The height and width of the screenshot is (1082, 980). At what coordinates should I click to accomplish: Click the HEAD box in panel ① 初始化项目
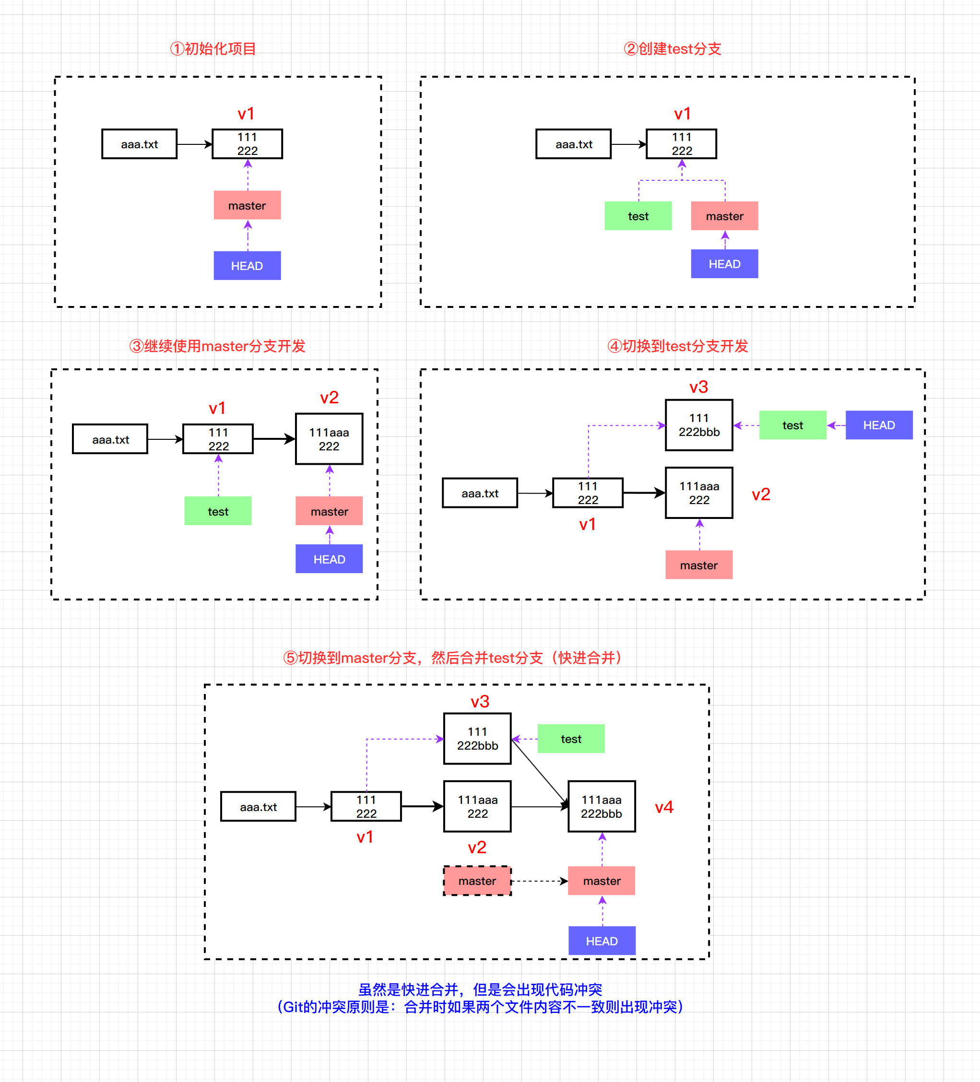coord(247,266)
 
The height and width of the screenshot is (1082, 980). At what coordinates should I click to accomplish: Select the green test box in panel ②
coord(638,216)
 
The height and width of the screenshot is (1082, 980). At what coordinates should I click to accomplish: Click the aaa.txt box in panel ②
coord(573,144)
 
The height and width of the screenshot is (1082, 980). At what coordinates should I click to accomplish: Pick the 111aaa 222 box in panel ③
coord(329,438)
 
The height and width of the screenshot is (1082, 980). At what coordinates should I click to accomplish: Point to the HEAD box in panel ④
coord(879,425)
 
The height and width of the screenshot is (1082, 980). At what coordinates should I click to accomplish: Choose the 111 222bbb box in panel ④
coord(699,425)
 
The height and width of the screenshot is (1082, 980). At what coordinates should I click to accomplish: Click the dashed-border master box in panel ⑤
coord(477,881)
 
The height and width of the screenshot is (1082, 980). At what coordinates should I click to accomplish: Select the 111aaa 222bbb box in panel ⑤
coord(602,806)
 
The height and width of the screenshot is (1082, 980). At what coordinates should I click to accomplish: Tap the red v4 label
coord(664,807)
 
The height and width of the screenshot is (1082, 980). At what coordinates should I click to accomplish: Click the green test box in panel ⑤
coord(571,739)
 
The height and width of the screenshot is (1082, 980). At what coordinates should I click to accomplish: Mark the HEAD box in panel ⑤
coord(602,941)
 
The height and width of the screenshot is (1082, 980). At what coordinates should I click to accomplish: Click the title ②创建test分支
coord(672,49)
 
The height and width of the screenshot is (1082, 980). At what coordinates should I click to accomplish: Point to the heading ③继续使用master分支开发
coord(217,346)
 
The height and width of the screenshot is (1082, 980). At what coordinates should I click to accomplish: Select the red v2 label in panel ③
coord(329,398)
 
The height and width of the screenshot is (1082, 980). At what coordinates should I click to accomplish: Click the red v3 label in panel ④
coord(699,387)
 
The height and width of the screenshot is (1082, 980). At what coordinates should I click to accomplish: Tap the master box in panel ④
coord(699,565)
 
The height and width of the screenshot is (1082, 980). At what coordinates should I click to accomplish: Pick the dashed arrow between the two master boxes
coord(539,881)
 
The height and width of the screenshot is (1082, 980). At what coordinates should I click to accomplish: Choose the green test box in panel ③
coord(218,511)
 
